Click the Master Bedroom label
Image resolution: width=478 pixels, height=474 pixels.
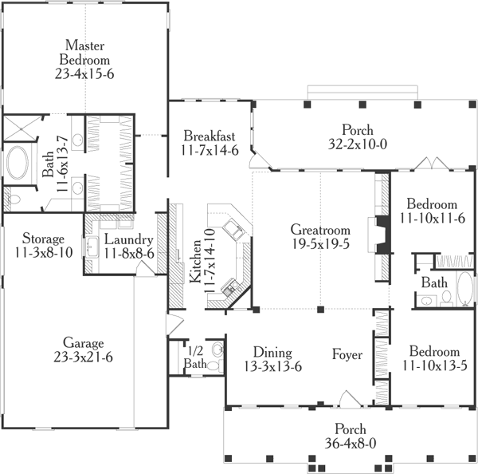pyautogui.click(x=84, y=53)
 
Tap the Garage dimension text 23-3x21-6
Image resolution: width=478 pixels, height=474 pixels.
pyautogui.click(x=83, y=357)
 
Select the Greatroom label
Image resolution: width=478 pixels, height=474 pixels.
pyautogui.click(x=320, y=229)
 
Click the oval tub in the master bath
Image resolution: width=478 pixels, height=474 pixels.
pyautogui.click(x=18, y=162)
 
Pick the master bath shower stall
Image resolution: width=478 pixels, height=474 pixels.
pyautogui.click(x=21, y=128)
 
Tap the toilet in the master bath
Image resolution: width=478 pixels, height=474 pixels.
pyautogui.click(x=14, y=199)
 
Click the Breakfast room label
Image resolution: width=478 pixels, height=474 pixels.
pyautogui.click(x=210, y=136)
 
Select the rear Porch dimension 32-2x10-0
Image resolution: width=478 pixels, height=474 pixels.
pyautogui.click(x=358, y=144)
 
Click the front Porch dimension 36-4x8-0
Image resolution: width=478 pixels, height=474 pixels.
pyautogui.click(x=351, y=443)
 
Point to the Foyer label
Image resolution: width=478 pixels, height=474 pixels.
pyautogui.click(x=347, y=354)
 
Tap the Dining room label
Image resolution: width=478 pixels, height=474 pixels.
pyautogui.click(x=272, y=353)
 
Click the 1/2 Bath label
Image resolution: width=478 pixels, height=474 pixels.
pyautogui.click(x=195, y=357)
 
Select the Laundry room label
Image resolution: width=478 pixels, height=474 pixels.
pyautogui.click(x=128, y=240)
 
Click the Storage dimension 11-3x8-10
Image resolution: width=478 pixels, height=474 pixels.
pyautogui.click(x=44, y=252)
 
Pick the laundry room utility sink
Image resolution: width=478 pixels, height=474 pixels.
pyautogui.click(x=92, y=247)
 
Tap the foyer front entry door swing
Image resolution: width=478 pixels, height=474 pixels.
pyautogui.click(x=351, y=399)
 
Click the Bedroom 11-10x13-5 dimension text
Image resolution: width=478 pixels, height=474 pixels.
pyautogui.click(x=435, y=365)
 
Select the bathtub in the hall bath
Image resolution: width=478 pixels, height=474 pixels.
pyautogui.click(x=465, y=289)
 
